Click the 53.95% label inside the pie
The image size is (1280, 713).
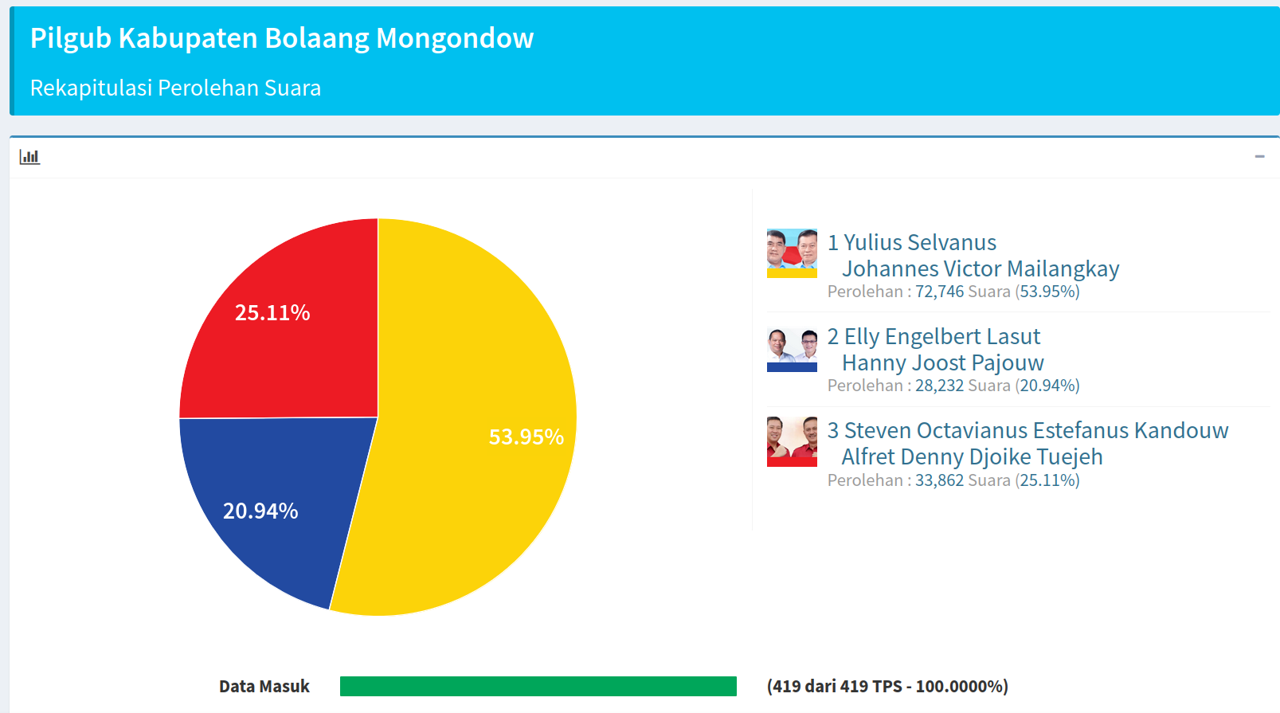pos(526,437)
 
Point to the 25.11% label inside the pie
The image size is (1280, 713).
pos(272,313)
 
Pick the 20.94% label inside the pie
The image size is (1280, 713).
pos(260,511)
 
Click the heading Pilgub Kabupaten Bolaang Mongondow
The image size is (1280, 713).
pos(282,38)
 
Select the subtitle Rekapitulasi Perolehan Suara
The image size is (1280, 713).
pos(175,88)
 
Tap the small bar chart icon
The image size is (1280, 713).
pos(29,157)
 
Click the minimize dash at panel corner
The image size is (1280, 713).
pos(1259,157)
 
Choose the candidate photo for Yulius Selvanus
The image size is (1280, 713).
pos(792,253)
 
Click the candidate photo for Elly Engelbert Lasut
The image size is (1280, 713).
pos(792,350)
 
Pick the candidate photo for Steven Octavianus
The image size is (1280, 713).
pos(792,441)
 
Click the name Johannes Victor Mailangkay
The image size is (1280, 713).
pos(981,269)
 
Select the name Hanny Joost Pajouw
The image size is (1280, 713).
pos(943,363)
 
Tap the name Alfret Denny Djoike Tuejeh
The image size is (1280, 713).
pos(973,457)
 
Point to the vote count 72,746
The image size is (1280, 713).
pos(939,292)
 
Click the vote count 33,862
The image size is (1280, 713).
pos(939,480)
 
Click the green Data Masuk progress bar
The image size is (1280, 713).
pos(538,686)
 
